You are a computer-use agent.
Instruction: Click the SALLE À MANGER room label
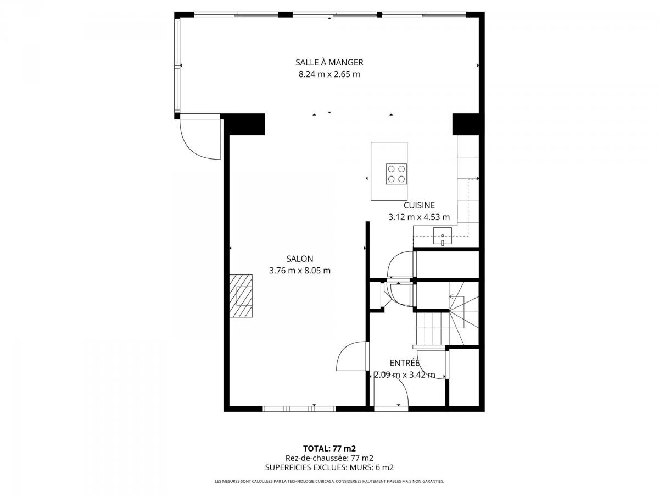329,63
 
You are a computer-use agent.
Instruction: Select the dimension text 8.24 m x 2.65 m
329,74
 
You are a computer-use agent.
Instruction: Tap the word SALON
300,258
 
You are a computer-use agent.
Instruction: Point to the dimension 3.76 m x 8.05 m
300,271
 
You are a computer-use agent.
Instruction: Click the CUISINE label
419,205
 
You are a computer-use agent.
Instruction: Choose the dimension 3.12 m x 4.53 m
419,217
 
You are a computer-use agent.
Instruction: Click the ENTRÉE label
404,363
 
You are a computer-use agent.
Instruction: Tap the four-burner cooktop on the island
396,174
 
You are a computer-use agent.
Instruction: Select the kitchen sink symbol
442,236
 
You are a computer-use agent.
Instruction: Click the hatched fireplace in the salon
241,296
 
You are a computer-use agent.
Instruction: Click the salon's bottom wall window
299,409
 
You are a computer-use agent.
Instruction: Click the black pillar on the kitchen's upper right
465,124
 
